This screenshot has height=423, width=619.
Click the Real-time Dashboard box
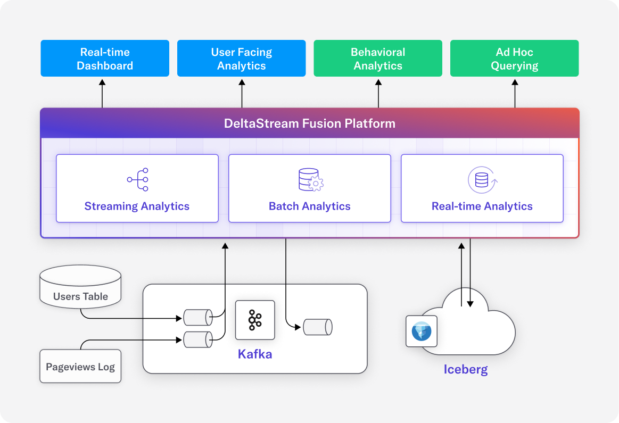[105, 59]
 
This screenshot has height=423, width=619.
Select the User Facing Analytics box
[241, 59]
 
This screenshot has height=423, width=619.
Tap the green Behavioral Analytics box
[378, 59]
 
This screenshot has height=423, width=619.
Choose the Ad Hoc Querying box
[514, 59]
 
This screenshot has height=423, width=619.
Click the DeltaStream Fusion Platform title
[309, 124]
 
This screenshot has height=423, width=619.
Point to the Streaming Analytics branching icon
[138, 180]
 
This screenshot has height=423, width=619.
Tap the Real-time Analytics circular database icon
[482, 180]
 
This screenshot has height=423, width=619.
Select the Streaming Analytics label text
[137, 206]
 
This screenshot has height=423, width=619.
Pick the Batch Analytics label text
[310, 206]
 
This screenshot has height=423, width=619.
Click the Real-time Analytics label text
[482, 206]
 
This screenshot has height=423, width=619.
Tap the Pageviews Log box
[80, 367]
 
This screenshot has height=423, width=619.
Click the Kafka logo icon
[255, 320]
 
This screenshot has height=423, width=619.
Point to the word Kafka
[255, 354]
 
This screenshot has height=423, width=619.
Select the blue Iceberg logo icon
[422, 331]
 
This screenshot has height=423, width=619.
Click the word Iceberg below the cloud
[466, 369]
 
